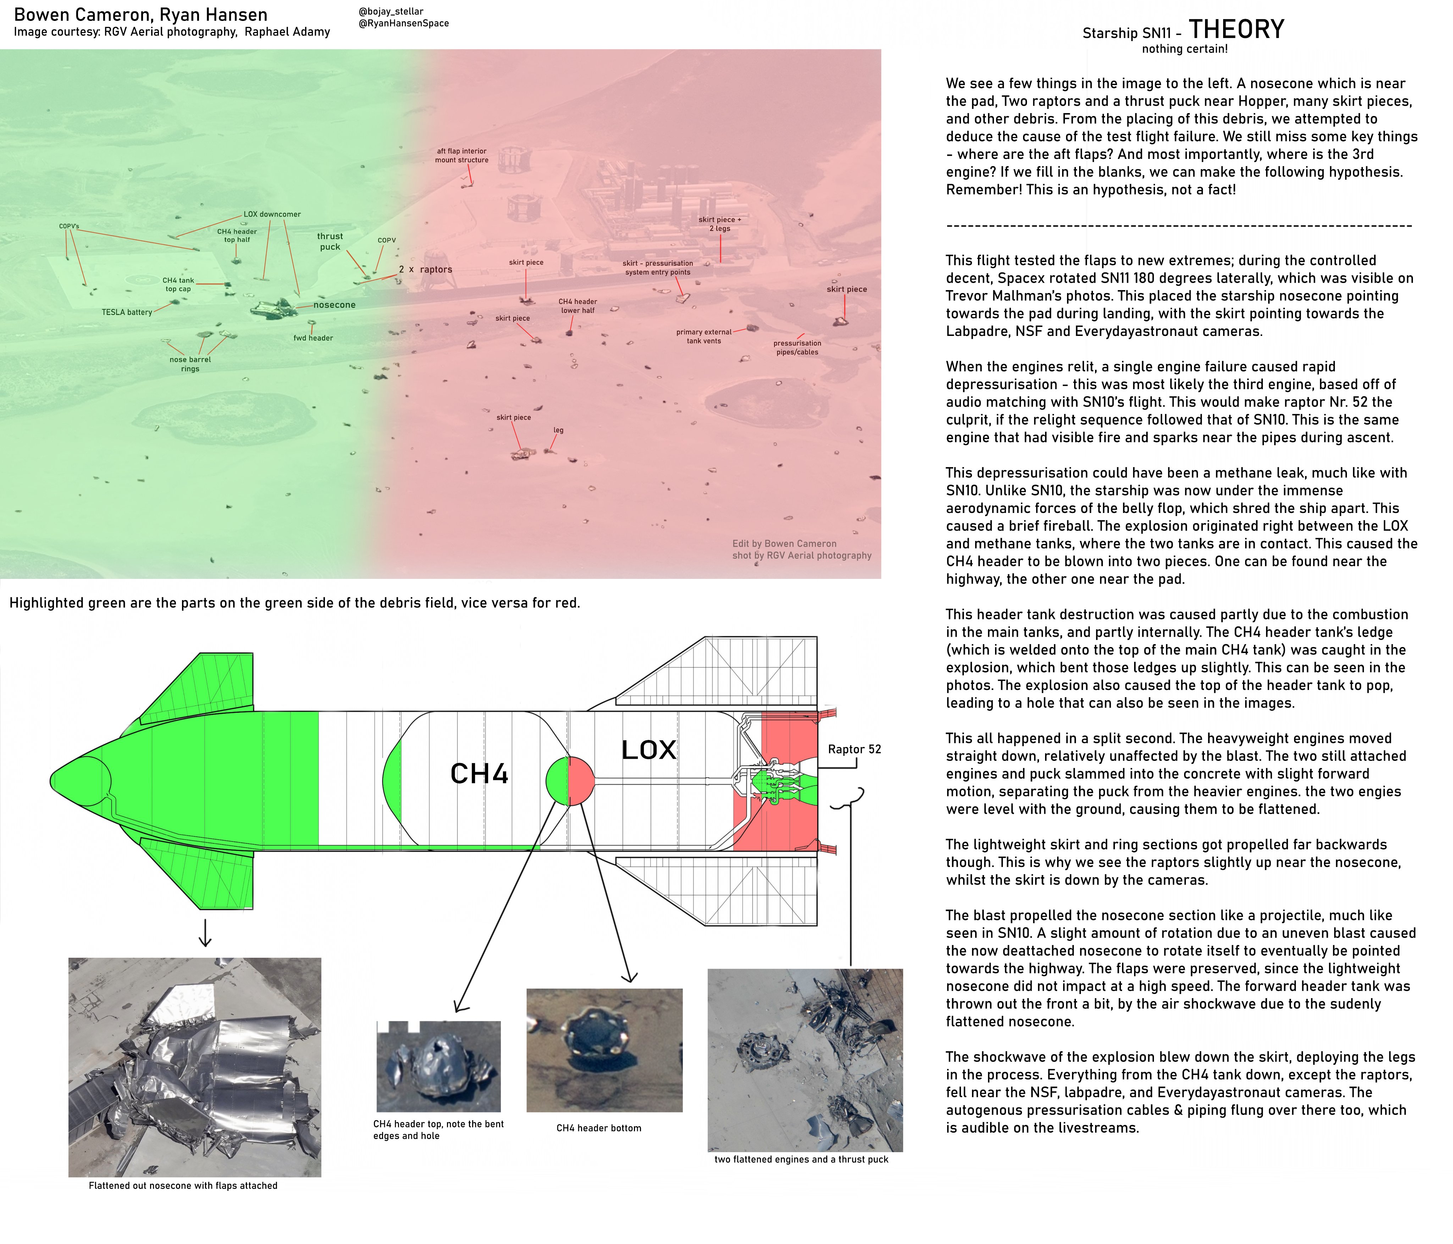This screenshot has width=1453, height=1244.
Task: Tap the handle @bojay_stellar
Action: (391, 11)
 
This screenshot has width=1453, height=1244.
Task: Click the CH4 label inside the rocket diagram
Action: (479, 774)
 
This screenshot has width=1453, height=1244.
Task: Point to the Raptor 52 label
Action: (854, 749)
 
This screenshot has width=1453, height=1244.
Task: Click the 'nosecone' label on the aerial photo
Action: (335, 305)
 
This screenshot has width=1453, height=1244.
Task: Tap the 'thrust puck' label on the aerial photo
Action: (330, 241)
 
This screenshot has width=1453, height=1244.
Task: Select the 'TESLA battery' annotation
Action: (127, 312)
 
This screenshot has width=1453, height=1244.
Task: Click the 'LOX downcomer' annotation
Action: (272, 214)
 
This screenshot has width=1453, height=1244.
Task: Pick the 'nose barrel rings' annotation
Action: (190, 364)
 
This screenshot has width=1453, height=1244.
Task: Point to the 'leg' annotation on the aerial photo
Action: (558, 430)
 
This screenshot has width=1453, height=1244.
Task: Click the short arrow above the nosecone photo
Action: (205, 933)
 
